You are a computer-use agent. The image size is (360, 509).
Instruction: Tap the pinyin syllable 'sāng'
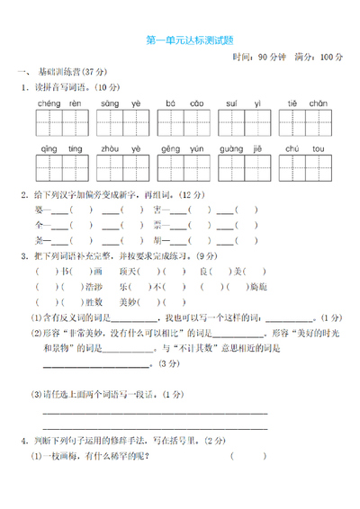point(109,104)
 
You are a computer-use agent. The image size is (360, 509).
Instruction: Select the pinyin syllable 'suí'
point(231,104)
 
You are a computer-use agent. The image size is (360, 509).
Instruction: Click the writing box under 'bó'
point(172,122)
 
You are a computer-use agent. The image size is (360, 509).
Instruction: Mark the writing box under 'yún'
point(198,166)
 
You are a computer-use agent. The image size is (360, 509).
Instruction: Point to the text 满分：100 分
point(319,57)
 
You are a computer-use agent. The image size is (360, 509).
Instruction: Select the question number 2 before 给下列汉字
point(22,194)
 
